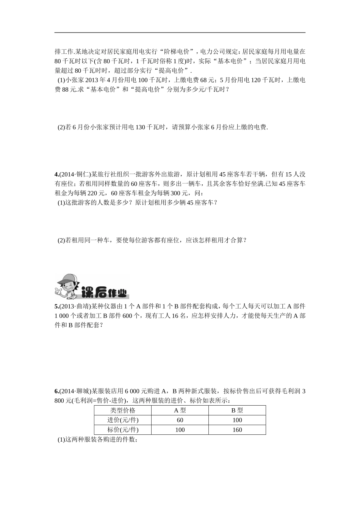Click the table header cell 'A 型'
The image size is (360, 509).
coord(180,410)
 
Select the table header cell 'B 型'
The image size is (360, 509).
coord(237,410)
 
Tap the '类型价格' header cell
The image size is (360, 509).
coord(122,410)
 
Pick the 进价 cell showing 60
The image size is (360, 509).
coord(180,420)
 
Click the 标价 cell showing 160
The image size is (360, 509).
coord(237,430)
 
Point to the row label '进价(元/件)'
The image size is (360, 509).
coord(122,420)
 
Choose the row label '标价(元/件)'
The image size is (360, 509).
coord(122,430)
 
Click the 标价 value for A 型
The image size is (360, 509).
coord(180,430)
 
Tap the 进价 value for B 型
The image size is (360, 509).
coord(237,420)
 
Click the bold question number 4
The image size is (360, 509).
coord(56,175)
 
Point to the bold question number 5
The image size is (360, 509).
coord(56,306)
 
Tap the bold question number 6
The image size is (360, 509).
coord(56,391)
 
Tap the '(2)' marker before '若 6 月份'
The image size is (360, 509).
coord(61,128)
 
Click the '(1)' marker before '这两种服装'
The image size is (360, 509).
coord(61,440)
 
